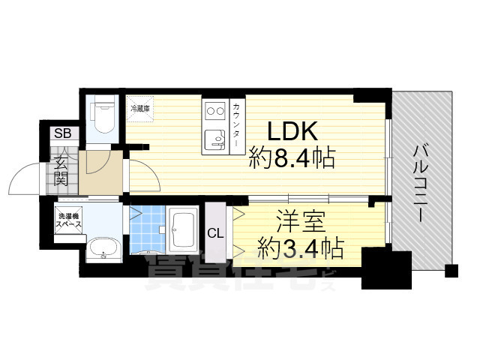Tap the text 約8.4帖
292,158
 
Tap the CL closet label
214,232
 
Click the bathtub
182,231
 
